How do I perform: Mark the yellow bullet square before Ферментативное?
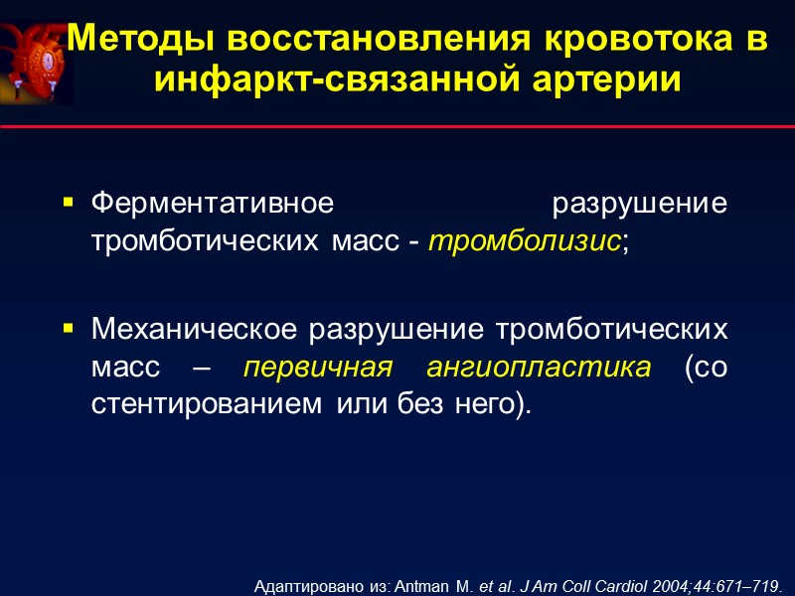[69, 202]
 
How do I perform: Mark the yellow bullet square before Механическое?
[69, 327]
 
